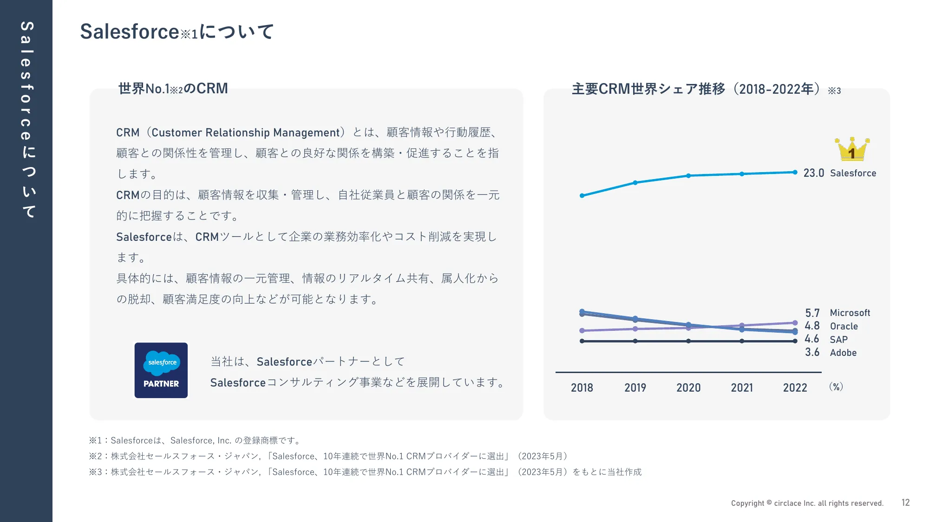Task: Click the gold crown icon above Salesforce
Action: pyautogui.click(x=852, y=149)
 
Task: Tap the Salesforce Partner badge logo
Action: pyautogui.click(x=161, y=370)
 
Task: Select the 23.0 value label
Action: pyautogui.click(x=813, y=173)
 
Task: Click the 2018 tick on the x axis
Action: pyautogui.click(x=582, y=387)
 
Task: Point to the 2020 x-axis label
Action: pyautogui.click(x=688, y=387)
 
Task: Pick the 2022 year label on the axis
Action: pyautogui.click(x=795, y=387)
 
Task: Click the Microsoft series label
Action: pyautogui.click(x=850, y=313)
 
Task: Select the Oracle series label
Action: pyautogui.click(x=844, y=326)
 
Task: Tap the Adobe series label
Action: pyautogui.click(x=843, y=353)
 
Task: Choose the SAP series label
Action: pyautogui.click(x=838, y=340)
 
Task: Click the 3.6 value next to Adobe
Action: pyautogui.click(x=812, y=352)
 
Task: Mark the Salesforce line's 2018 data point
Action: pyautogui.click(x=582, y=196)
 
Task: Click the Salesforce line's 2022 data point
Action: pyautogui.click(x=795, y=172)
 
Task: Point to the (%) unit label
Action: pyautogui.click(x=836, y=387)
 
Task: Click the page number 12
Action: pyautogui.click(x=905, y=503)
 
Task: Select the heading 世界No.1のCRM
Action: pyautogui.click(x=173, y=88)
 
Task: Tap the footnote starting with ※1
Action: pyautogui.click(x=195, y=440)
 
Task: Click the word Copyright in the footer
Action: pyautogui.click(x=747, y=503)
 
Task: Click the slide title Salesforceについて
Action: pyautogui.click(x=177, y=32)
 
